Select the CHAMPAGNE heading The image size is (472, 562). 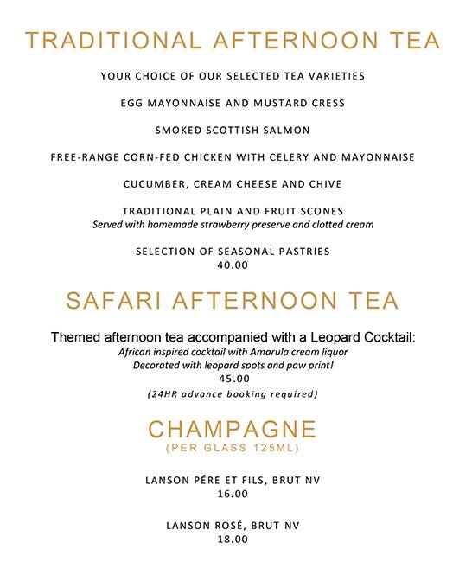[x=233, y=430]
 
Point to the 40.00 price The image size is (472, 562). [x=233, y=265]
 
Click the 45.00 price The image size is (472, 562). [x=233, y=378]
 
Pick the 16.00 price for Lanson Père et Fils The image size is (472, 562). [x=233, y=494]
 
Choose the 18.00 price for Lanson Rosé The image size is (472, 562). [x=233, y=539]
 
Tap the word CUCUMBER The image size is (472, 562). [x=151, y=183]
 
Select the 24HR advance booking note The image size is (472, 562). [x=233, y=394]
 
